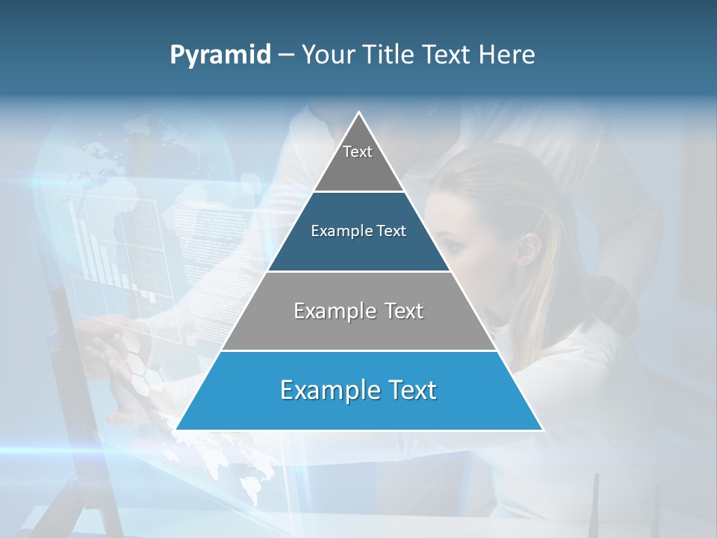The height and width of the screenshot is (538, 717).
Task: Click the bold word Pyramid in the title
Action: coord(220,55)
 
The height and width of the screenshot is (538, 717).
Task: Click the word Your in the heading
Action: coord(328,55)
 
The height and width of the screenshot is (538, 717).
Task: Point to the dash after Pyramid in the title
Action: coord(285,55)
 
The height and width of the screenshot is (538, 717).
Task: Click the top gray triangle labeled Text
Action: coord(358,161)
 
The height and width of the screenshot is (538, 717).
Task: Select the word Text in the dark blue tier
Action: coord(391,231)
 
